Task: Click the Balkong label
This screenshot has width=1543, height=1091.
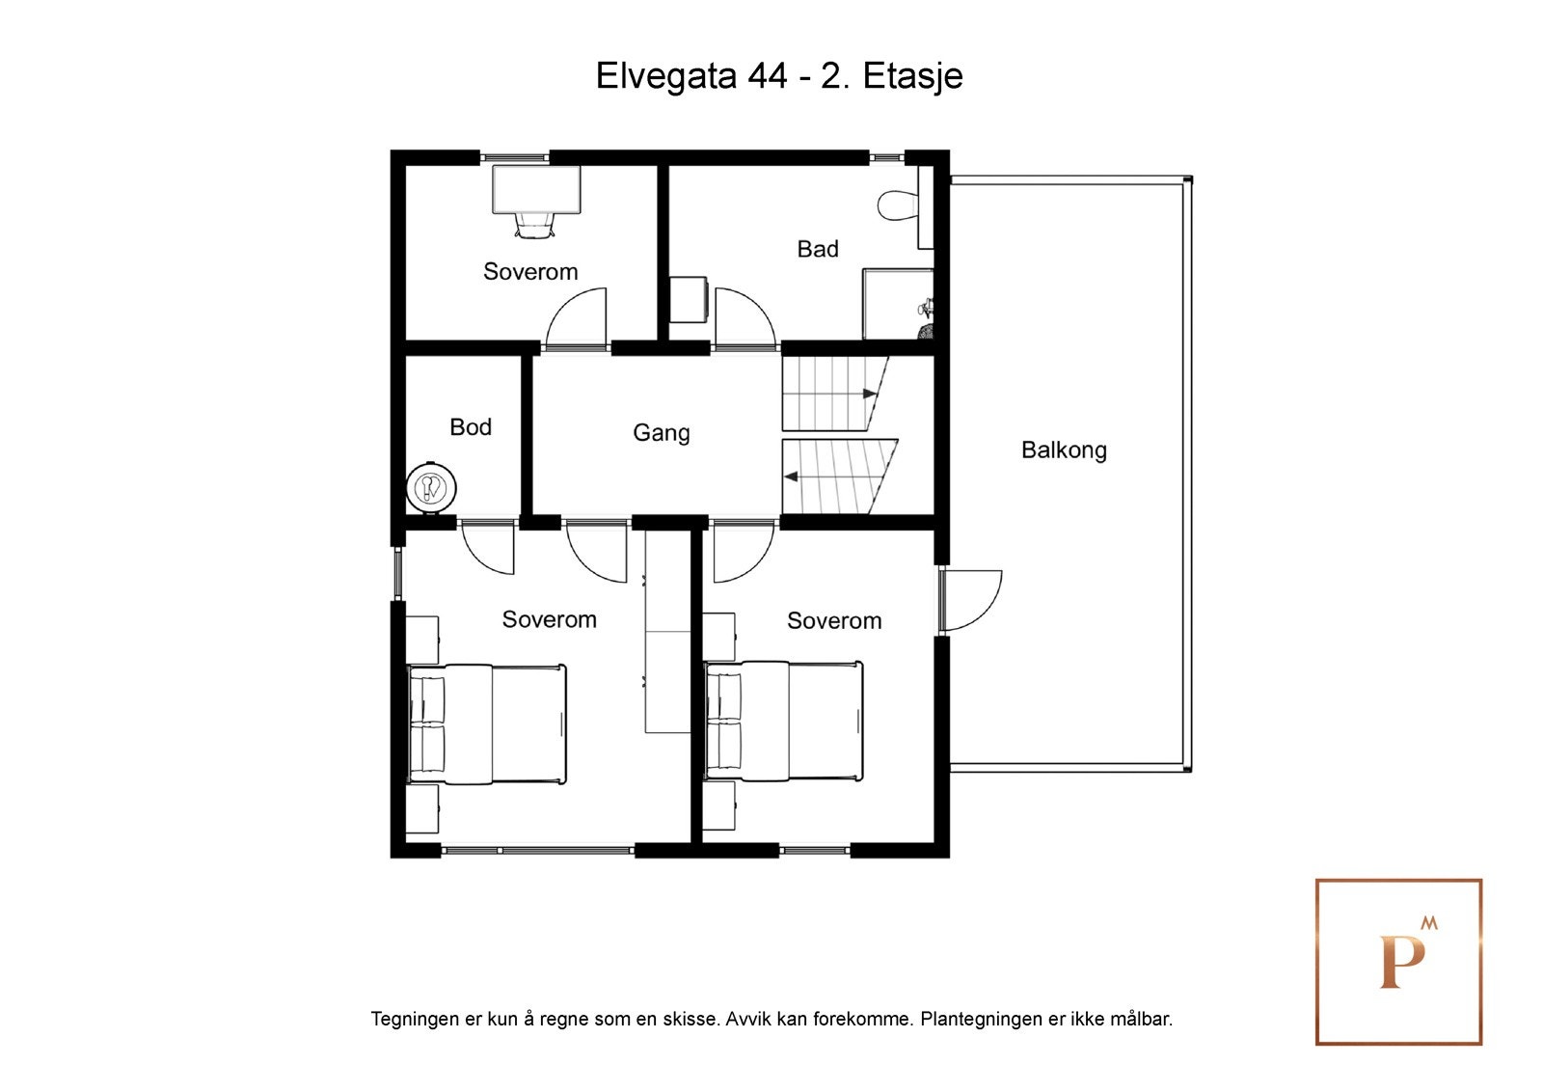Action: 1064,450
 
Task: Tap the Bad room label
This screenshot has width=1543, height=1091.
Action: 818,249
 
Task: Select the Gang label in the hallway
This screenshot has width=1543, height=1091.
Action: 661,432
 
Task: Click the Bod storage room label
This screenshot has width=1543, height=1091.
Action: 471,426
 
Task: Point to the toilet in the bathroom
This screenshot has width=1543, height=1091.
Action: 898,205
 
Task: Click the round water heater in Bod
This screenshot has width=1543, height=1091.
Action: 431,488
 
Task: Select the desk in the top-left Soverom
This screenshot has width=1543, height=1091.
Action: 536,189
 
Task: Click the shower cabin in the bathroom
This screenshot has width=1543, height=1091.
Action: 897,304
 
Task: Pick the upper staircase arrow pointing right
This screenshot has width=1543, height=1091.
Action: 870,394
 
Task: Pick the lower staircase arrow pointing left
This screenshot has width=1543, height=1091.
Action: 790,477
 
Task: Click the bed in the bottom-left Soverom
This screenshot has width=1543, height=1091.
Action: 487,723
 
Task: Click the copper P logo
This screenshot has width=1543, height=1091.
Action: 1399,961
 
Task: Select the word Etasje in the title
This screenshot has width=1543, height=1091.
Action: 912,76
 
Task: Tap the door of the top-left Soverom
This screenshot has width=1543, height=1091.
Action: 577,318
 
